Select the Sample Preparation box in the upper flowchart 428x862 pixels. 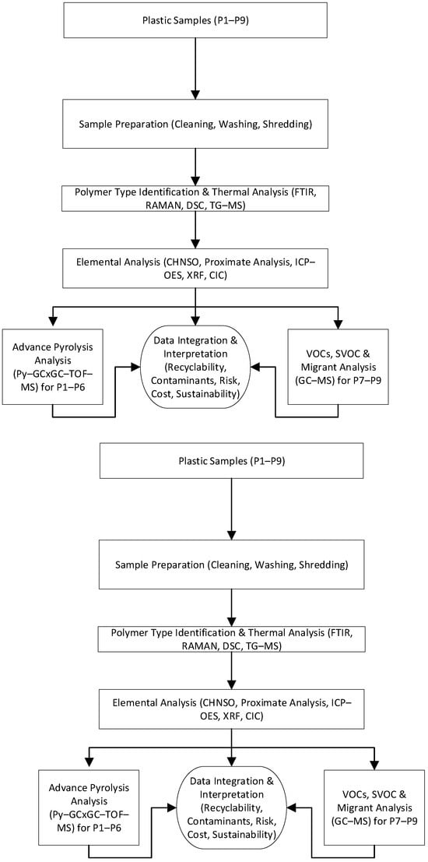(x=195, y=125)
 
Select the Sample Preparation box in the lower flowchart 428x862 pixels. (x=233, y=565)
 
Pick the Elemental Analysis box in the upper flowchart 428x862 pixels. (x=195, y=268)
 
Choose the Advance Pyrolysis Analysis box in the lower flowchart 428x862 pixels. (x=89, y=805)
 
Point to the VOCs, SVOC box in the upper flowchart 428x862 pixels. (x=339, y=367)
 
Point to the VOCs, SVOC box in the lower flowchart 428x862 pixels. (x=375, y=805)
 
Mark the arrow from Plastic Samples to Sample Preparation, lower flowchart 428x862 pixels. (x=233, y=508)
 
